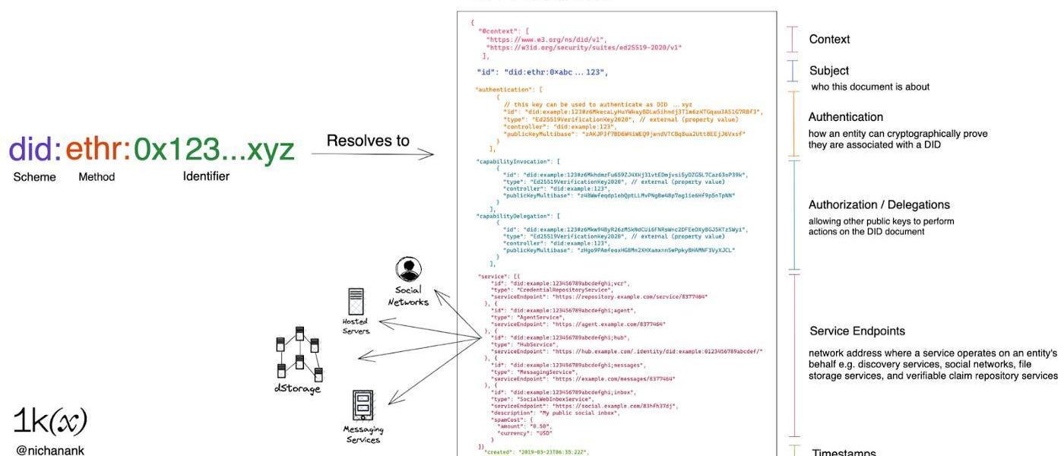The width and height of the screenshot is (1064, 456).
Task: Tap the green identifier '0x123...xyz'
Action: coord(213,150)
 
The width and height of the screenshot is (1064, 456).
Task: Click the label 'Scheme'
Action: coord(34,177)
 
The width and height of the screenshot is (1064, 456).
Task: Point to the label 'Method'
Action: coord(97,177)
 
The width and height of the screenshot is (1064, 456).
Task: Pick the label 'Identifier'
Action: coord(206,176)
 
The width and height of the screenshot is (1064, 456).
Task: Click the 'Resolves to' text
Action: coord(368,141)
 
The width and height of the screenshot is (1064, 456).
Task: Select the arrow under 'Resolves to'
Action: coord(372,155)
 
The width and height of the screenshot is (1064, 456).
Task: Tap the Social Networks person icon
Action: coord(408,270)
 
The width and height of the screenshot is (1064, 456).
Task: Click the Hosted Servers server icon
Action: coord(355,301)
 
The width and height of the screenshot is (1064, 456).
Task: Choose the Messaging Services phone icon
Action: coord(363,405)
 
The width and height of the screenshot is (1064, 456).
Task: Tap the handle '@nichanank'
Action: coord(50,450)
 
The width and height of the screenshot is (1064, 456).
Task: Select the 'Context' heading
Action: coord(829,40)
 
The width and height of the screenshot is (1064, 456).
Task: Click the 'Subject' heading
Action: coord(828,71)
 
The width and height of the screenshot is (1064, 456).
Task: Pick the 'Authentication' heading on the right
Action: coord(845,117)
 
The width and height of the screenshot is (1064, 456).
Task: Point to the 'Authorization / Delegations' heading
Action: coord(879,205)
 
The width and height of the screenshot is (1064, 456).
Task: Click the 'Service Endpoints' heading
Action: coord(857,331)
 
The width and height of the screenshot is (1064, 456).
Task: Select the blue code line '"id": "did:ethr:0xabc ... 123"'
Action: coord(542,72)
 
